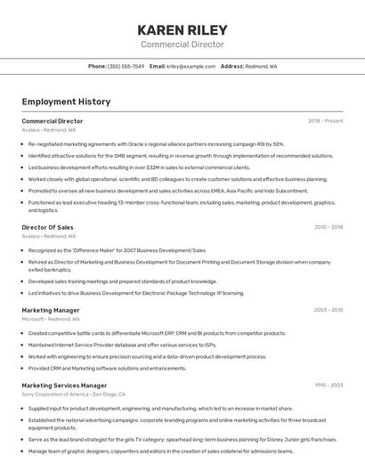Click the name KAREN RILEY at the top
(182, 29)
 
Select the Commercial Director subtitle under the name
(182, 45)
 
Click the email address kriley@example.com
(191, 66)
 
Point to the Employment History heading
(66, 102)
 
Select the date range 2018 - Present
(325, 120)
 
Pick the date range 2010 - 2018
(328, 227)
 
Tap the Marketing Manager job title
(51, 310)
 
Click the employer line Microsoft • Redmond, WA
(51, 319)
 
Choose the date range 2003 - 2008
(328, 310)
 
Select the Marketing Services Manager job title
(64, 386)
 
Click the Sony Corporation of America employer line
(74, 395)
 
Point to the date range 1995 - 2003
(328, 386)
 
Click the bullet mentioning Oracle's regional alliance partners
(156, 143)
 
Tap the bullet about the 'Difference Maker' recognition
(117, 250)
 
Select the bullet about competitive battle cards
(157, 333)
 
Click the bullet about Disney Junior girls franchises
(182, 439)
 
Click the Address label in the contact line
(231, 66)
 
